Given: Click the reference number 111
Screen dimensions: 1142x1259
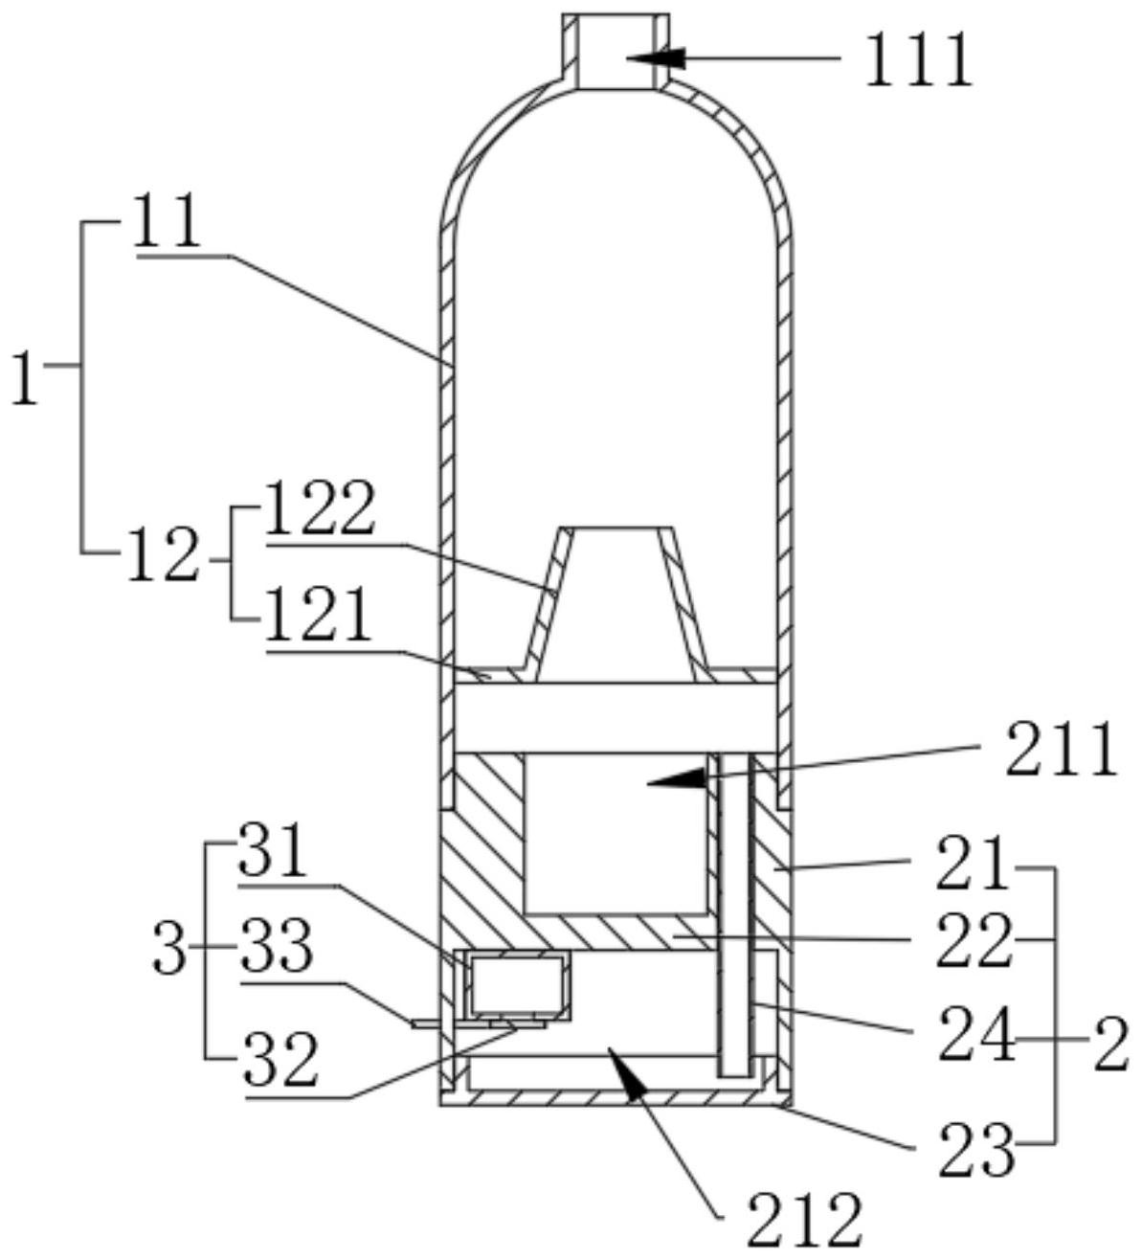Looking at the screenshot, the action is (919, 61).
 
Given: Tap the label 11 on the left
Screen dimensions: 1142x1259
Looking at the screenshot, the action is (168, 221).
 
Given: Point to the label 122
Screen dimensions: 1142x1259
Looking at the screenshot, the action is (320, 507).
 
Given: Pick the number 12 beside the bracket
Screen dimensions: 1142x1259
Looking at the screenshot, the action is (164, 554).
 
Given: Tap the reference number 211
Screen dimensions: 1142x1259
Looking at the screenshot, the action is (1061, 749).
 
